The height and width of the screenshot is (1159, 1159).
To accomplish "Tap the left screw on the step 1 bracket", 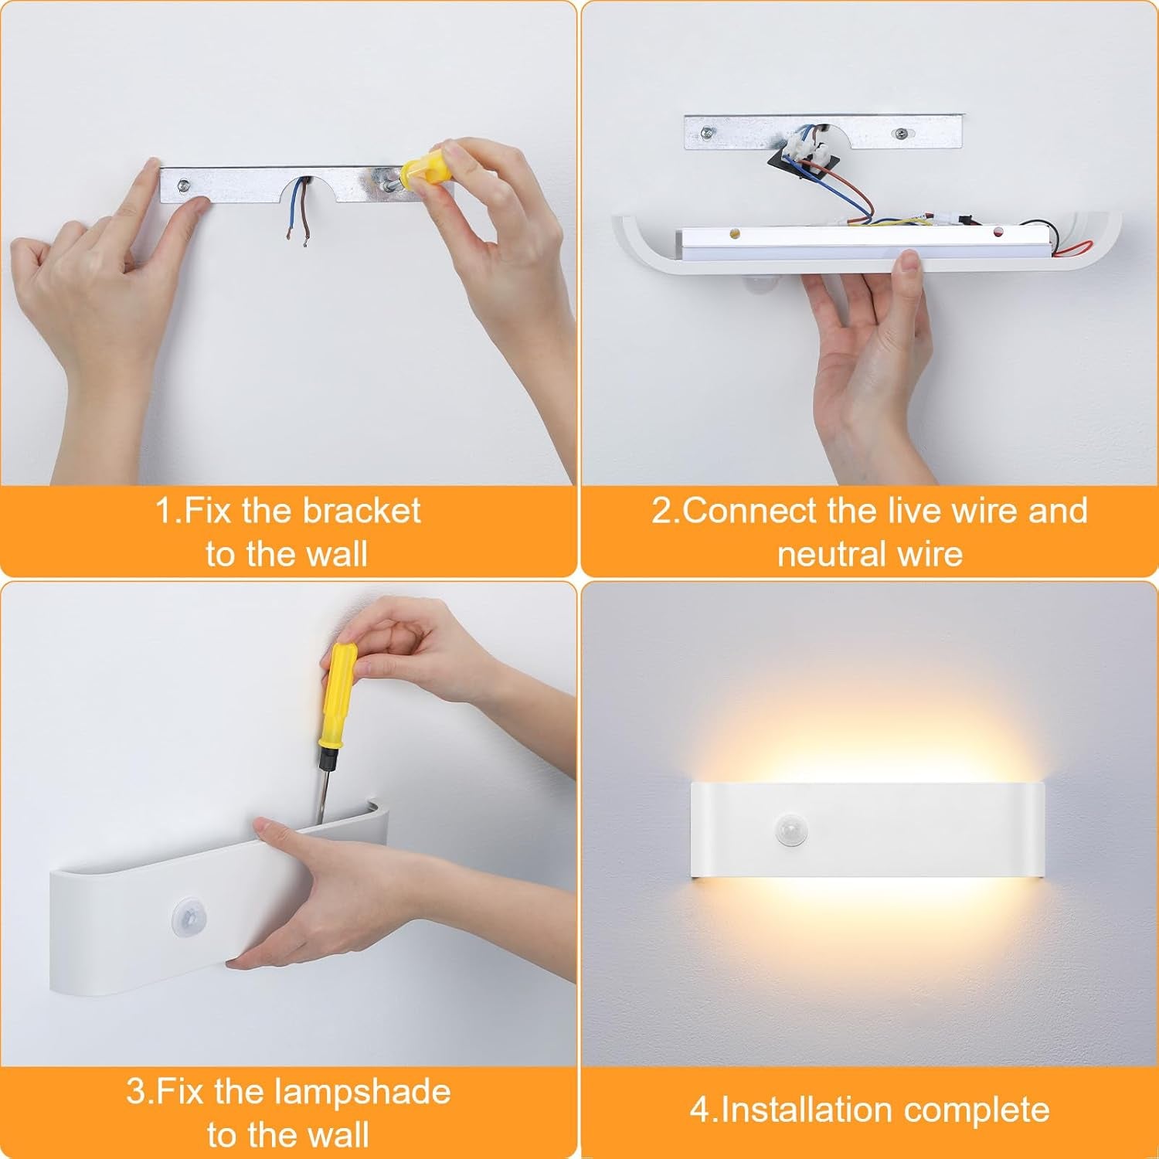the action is coord(184,185).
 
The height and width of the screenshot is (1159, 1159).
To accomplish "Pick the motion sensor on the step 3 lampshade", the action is coord(185,917).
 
